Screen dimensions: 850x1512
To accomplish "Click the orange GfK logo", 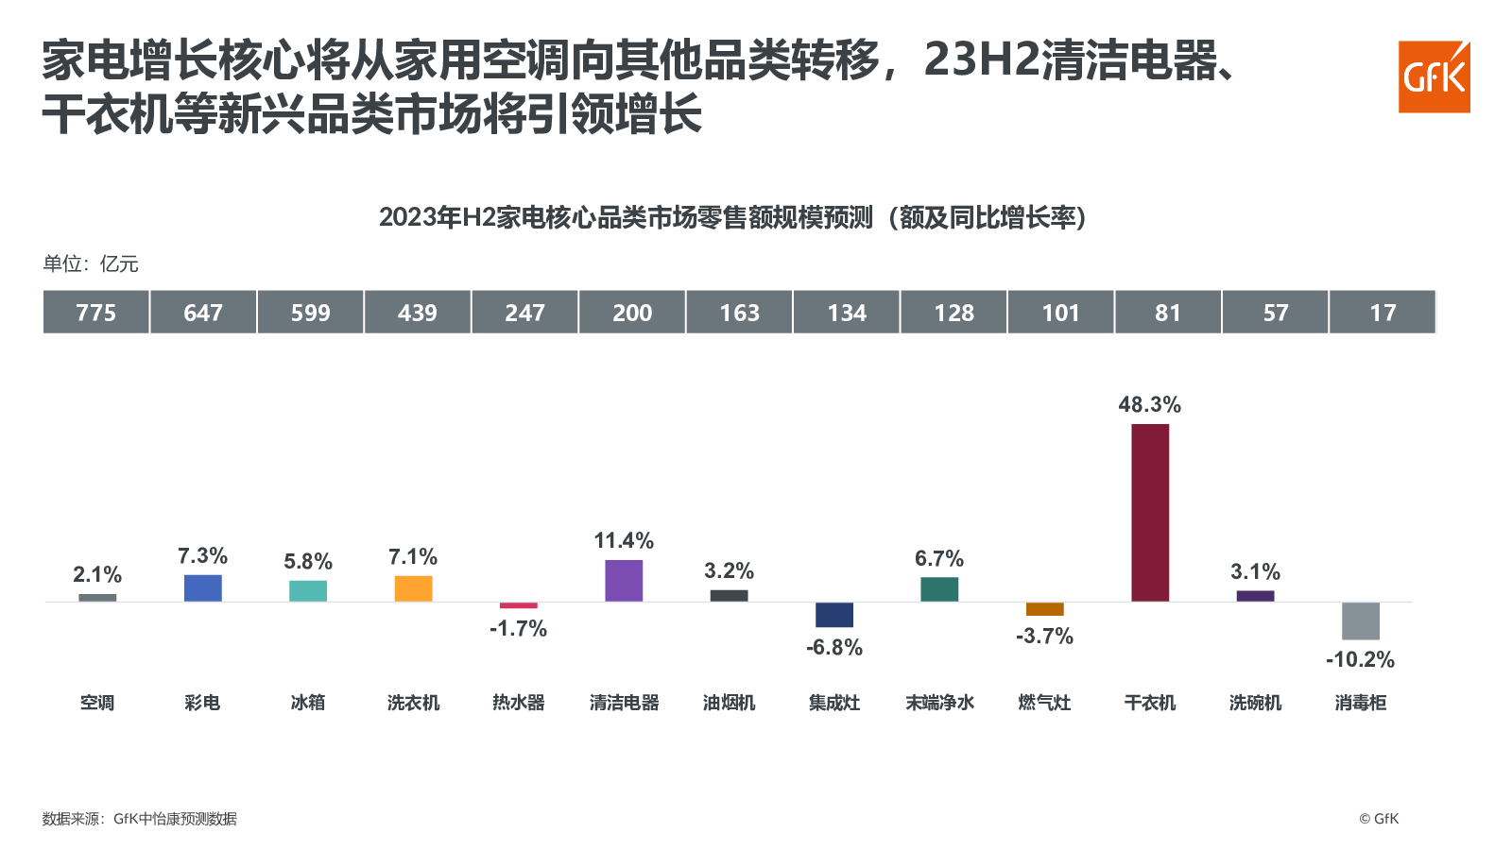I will (x=1434, y=76).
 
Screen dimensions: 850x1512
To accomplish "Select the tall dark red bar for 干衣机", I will (x=1150, y=512).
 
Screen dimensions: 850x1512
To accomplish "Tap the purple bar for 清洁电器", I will (x=624, y=580).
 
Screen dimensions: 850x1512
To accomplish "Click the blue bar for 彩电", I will (x=202, y=587).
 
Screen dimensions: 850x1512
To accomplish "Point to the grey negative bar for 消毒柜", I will (x=1360, y=620).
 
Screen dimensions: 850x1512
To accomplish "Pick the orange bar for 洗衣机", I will (x=413, y=588).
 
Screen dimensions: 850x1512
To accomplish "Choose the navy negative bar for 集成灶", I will (x=834, y=614).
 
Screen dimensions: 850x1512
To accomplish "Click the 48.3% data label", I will (x=1149, y=405).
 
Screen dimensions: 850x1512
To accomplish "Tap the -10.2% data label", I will (x=1360, y=660).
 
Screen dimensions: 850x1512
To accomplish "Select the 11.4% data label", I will (x=624, y=541).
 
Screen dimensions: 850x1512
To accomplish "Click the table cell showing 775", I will (x=96, y=313).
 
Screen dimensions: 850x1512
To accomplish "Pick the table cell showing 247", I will (x=524, y=313).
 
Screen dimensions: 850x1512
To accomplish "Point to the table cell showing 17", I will (x=1383, y=313).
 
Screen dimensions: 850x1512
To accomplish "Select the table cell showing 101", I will (x=1060, y=313).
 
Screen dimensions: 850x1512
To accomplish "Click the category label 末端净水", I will (x=939, y=703).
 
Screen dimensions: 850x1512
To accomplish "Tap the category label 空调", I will (x=97, y=703).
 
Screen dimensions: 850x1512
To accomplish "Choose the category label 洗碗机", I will (x=1255, y=703).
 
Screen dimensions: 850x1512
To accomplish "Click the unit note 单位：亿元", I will (x=91, y=264).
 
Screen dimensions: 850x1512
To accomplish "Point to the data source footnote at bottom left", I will (x=139, y=819).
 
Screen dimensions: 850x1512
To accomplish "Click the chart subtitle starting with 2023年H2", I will (x=732, y=218).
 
